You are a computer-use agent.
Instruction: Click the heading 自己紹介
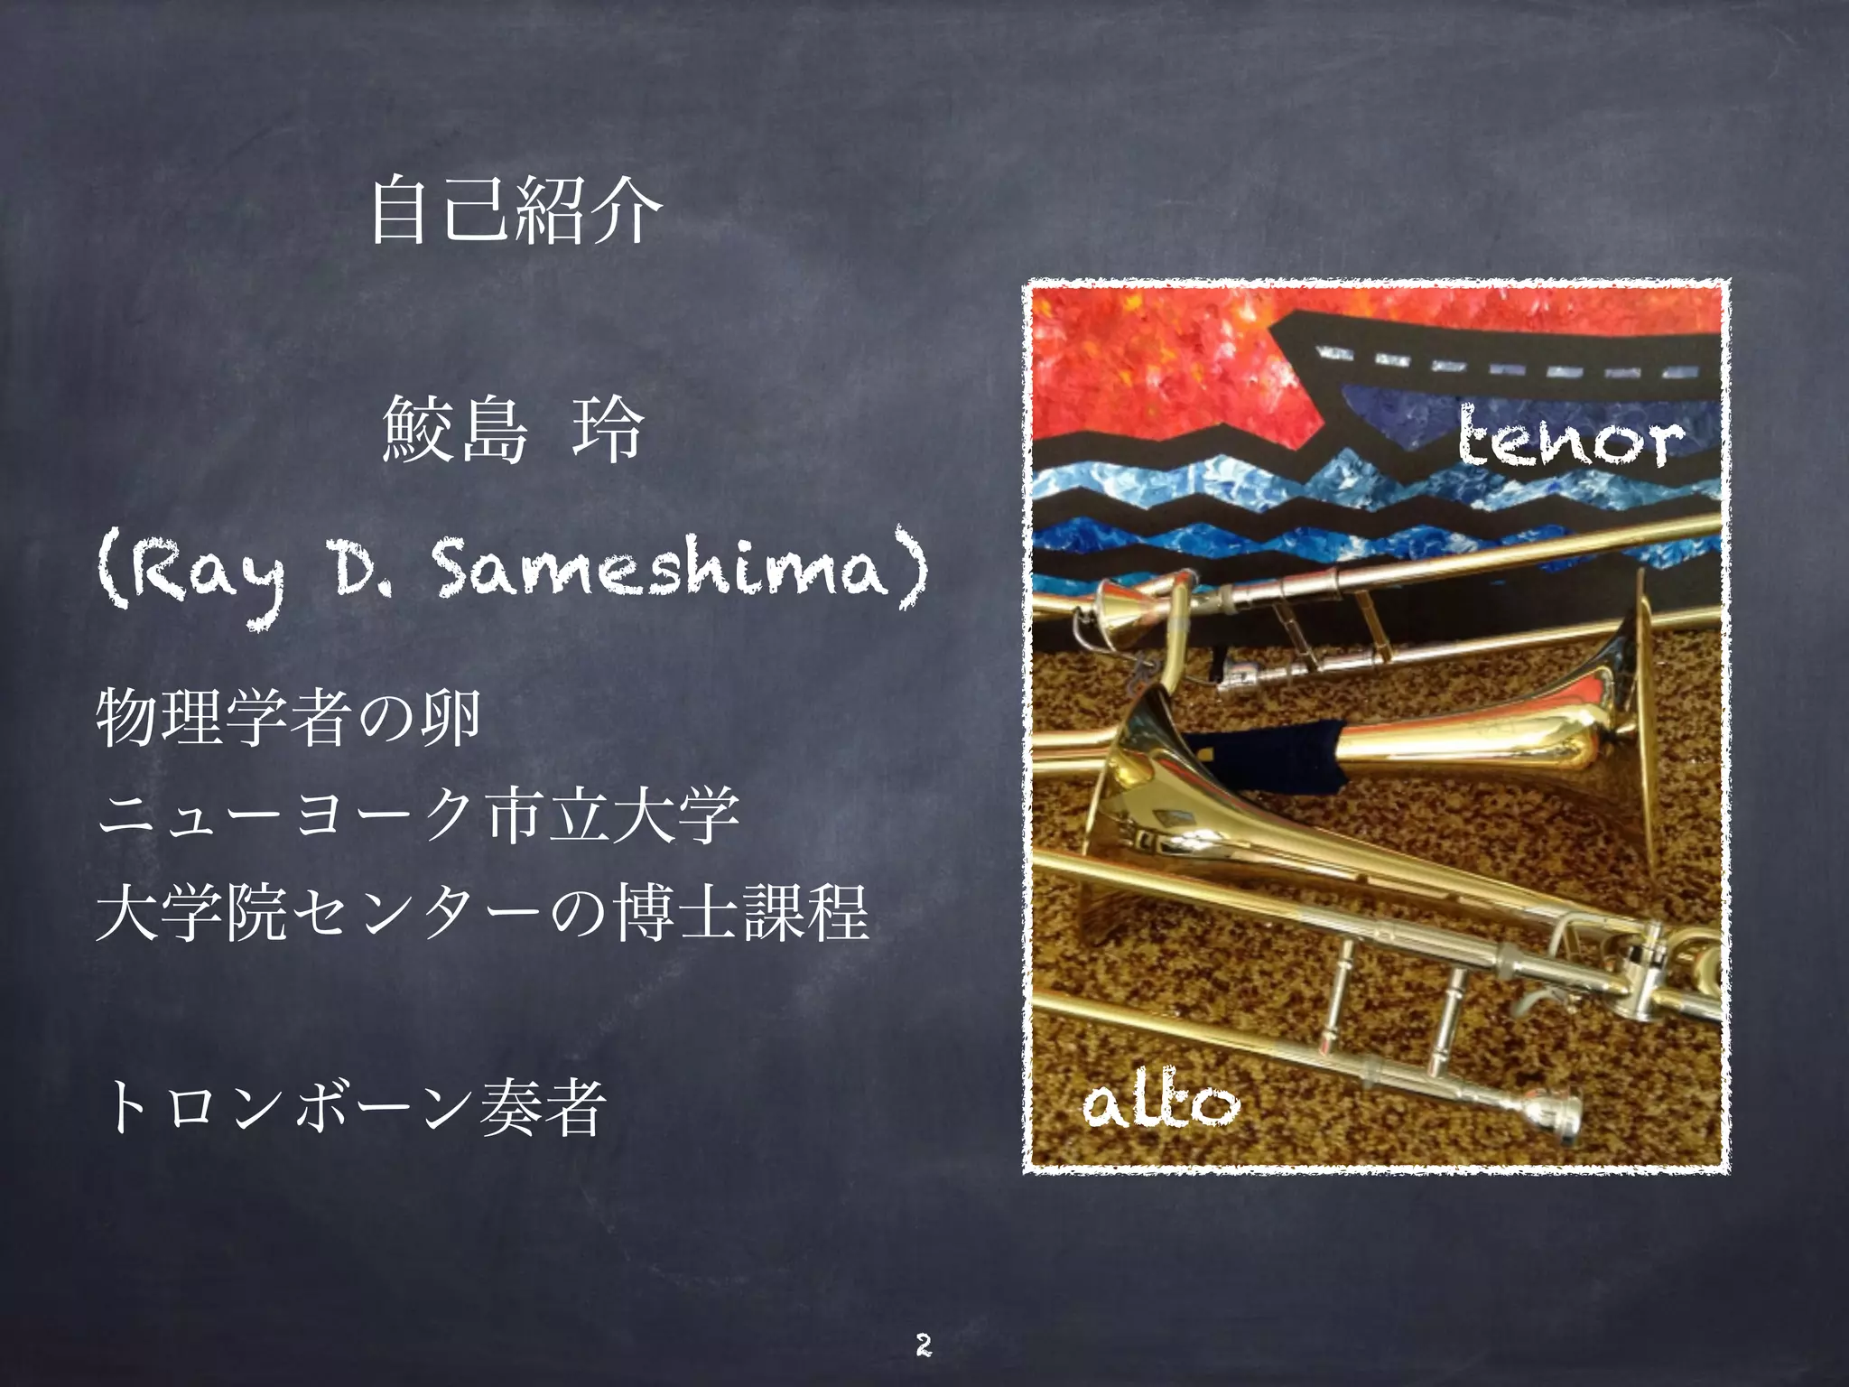point(516,211)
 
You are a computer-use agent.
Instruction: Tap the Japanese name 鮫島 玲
point(512,432)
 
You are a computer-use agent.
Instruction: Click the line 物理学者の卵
point(288,718)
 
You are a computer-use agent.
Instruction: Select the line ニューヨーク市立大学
point(418,815)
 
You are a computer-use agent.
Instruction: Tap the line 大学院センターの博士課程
point(482,913)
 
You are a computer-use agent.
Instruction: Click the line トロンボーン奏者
point(353,1108)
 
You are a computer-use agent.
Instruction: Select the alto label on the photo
point(1161,1103)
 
